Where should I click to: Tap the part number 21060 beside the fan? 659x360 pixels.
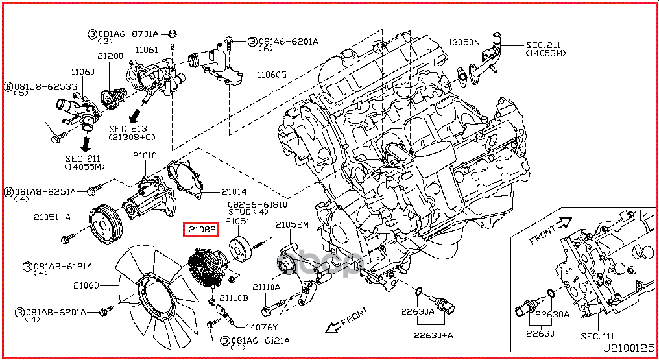tap(86, 285)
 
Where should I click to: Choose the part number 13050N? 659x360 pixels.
tap(464, 42)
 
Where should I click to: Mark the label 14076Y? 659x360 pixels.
tap(261, 327)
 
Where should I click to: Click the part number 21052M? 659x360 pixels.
tap(292, 225)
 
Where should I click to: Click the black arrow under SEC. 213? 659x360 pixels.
tap(135, 115)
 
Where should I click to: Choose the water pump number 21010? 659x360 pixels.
tap(145, 156)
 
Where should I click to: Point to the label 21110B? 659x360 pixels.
tap(234, 298)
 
